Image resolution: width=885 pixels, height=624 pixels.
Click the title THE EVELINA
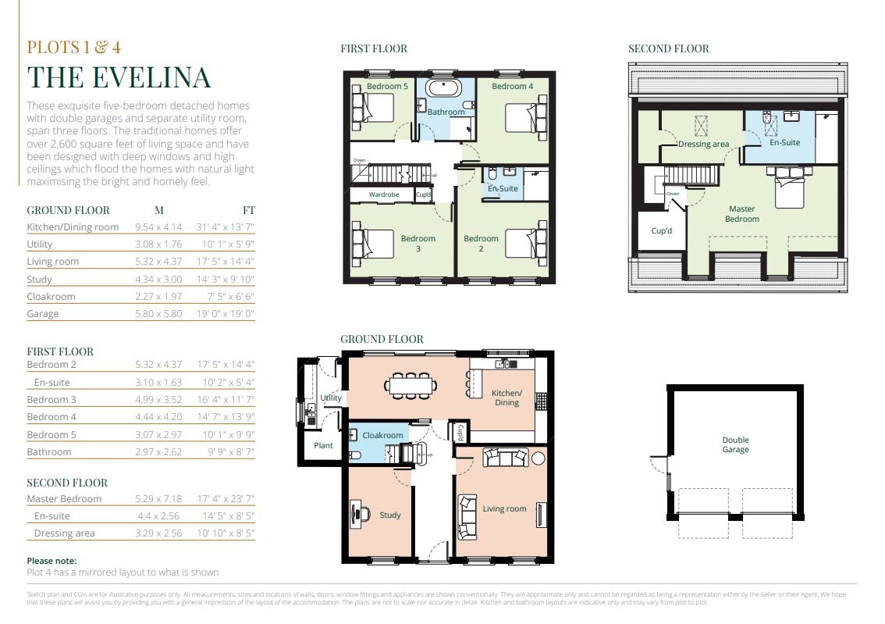tap(119, 77)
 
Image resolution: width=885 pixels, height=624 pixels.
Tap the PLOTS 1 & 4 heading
tap(74, 47)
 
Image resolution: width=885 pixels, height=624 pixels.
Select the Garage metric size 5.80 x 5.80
tap(158, 313)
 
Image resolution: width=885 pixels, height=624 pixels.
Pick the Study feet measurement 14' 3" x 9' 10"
tap(226, 279)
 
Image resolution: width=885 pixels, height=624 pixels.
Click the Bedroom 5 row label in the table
tap(52, 434)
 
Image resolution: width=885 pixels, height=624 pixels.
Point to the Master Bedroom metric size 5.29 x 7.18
tap(158, 498)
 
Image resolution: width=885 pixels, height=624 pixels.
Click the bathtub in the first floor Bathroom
tap(443, 89)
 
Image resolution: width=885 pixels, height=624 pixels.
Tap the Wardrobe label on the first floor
tap(384, 194)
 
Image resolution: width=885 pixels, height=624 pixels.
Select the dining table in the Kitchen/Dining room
tap(411, 386)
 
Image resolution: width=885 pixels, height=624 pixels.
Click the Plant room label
tap(323, 445)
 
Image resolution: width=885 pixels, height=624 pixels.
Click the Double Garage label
tap(735, 444)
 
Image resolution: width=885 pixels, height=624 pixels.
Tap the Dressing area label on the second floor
tap(703, 144)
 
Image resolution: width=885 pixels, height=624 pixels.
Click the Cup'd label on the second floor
tap(662, 230)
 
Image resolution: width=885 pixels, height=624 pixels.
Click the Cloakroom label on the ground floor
tap(382, 435)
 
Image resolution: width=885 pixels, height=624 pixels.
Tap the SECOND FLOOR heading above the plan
tap(669, 48)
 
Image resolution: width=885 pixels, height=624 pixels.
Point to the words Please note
tap(52, 561)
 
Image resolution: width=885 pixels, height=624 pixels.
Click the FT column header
tap(249, 210)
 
